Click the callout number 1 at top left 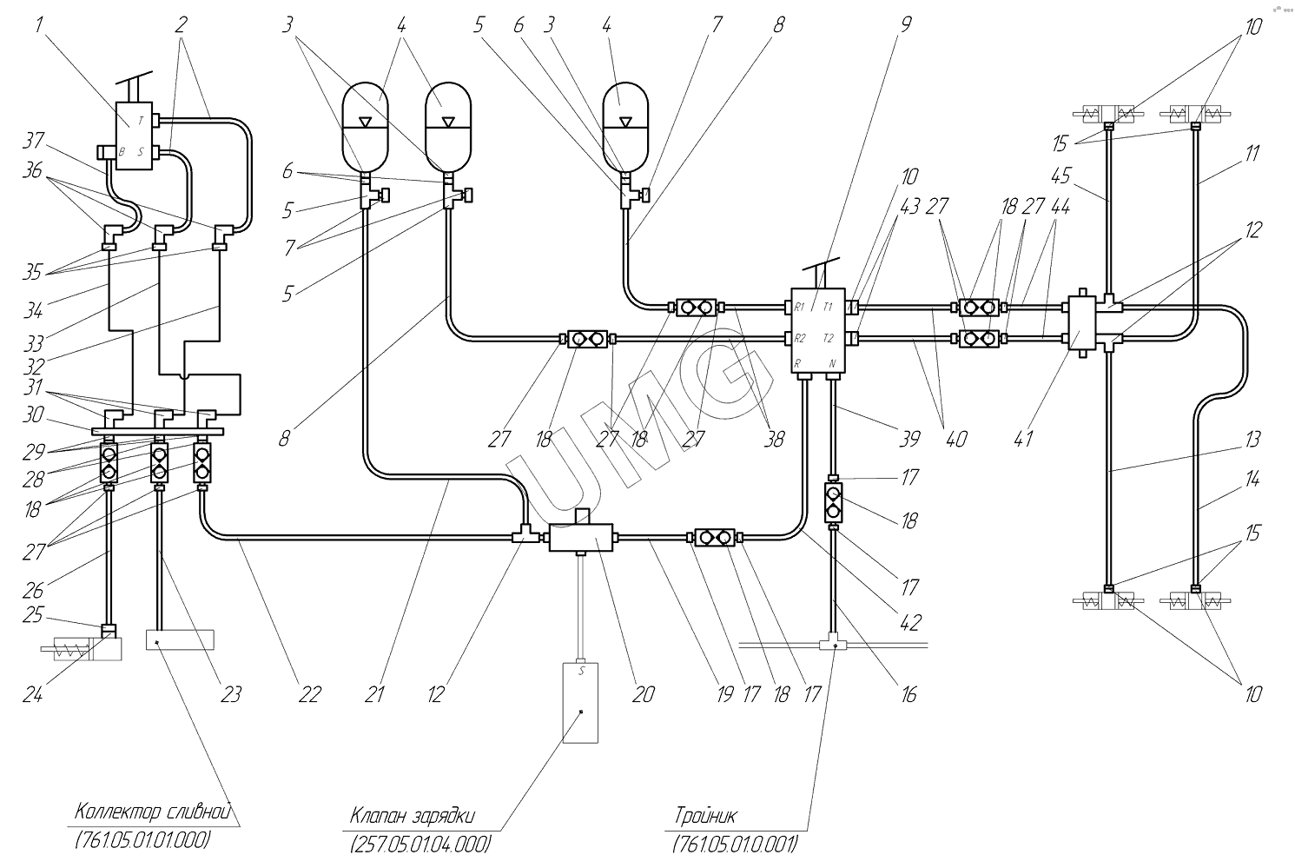click(x=39, y=25)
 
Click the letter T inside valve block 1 click(x=141, y=121)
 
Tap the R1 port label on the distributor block click(x=798, y=307)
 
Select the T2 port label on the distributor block click(x=829, y=337)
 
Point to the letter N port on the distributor click(x=832, y=363)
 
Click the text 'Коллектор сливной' click(x=152, y=813)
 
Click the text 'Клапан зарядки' click(x=413, y=816)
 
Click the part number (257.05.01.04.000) click(x=420, y=844)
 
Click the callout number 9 click(x=905, y=25)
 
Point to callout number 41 click(x=1024, y=439)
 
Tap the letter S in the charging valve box click(x=582, y=671)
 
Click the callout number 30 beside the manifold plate click(x=34, y=415)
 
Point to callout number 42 click(x=909, y=622)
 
